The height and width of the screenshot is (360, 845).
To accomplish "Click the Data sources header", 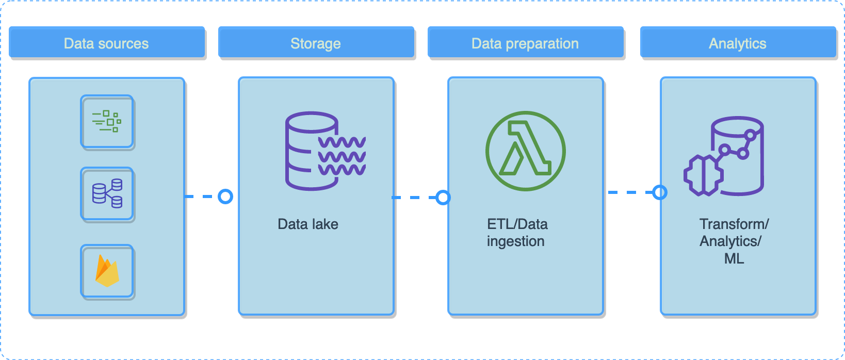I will [x=106, y=43].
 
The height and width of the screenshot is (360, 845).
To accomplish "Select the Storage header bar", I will [x=316, y=43].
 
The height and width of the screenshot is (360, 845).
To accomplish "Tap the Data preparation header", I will [x=525, y=43].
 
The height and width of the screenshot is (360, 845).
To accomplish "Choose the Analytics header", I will [x=738, y=43].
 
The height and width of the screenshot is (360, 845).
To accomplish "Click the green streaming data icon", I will [x=107, y=122].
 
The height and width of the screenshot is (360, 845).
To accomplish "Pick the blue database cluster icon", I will [x=107, y=194].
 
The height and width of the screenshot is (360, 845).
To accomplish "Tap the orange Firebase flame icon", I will [x=107, y=271].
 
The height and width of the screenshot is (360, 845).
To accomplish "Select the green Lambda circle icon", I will [x=525, y=151].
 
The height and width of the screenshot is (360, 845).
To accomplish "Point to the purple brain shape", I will [x=703, y=175].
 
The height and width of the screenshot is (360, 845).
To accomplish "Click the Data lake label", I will [x=308, y=224].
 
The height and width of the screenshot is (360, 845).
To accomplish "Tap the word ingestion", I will [x=515, y=241].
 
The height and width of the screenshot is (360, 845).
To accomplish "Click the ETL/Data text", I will [x=517, y=224].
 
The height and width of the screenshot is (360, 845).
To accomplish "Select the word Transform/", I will [x=734, y=224].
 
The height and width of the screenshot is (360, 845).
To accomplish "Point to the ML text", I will [x=734, y=258].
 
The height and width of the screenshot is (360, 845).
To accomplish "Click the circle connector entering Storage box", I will [x=225, y=197].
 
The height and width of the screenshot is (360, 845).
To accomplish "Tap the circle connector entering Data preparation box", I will [x=443, y=198].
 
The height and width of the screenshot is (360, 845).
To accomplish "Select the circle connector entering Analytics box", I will [x=660, y=192].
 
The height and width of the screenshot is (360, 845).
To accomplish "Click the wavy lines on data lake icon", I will [x=342, y=156].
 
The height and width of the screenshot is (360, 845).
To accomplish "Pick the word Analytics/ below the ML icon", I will [x=730, y=241].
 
